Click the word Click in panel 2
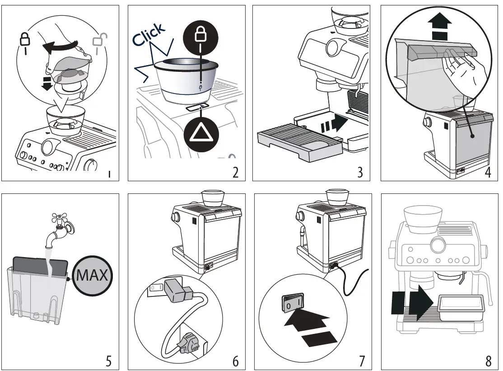tap(149, 35)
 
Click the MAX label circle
tap(93, 275)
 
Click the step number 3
tap(360, 172)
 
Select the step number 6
tap(235, 361)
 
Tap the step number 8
tap(489, 361)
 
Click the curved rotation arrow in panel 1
tap(61, 47)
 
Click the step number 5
tap(108, 361)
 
